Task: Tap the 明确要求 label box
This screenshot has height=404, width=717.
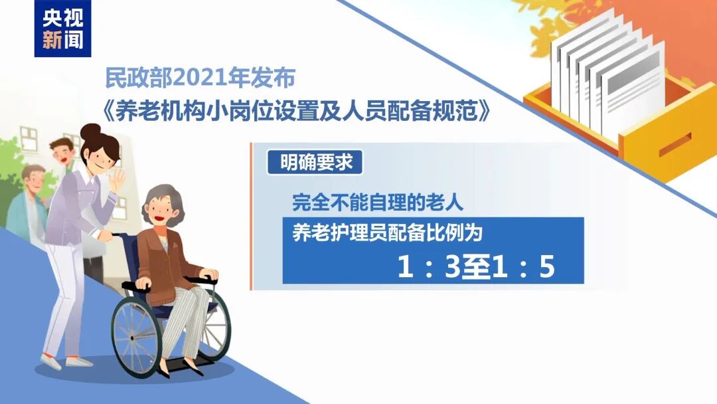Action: click(x=315, y=163)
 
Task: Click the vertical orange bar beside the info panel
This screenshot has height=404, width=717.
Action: click(x=251, y=216)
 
